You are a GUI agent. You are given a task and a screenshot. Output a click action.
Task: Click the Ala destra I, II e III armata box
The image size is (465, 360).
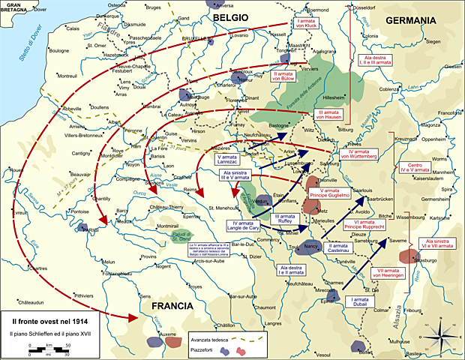click(x=377, y=59)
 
